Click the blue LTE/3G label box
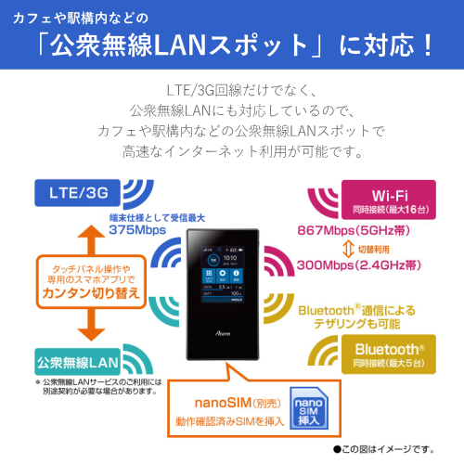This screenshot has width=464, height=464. tap(77, 193)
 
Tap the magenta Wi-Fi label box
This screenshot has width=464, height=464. tap(389, 200)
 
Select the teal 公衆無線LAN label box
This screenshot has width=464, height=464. tap(77, 362)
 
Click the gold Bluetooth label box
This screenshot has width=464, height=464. tap(389, 354)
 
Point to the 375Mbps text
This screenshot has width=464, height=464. tap(137, 230)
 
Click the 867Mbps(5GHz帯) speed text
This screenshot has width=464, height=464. tap(354, 231)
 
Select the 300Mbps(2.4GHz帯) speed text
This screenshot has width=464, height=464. tap(359, 265)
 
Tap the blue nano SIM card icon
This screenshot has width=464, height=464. tap(309, 408)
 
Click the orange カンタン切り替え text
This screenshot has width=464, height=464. tap(91, 293)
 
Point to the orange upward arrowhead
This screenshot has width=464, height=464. tap(91, 232)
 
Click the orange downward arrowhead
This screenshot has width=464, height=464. tap(91, 334)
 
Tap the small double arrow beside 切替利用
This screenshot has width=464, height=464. tap(348, 250)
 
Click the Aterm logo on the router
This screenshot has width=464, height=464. tap(223, 333)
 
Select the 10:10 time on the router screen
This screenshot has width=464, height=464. tap(230, 258)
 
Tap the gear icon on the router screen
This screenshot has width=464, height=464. tap(223, 274)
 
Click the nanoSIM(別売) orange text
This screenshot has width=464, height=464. tap(238, 403)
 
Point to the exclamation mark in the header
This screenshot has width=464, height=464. tap(428, 45)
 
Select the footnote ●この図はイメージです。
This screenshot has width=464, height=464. tap(384, 449)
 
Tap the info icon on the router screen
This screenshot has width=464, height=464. tap(236, 274)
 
